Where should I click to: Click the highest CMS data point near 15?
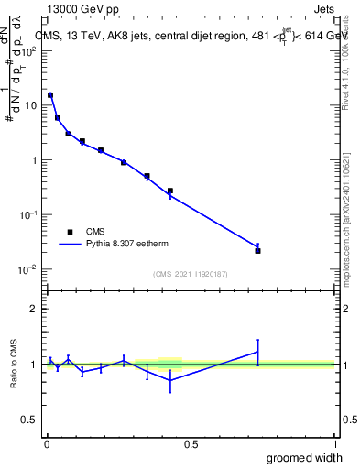coord(50,95)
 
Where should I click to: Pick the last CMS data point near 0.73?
coord(257,250)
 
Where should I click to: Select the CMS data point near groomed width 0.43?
coord(170,191)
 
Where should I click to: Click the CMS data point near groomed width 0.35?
coord(147,176)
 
